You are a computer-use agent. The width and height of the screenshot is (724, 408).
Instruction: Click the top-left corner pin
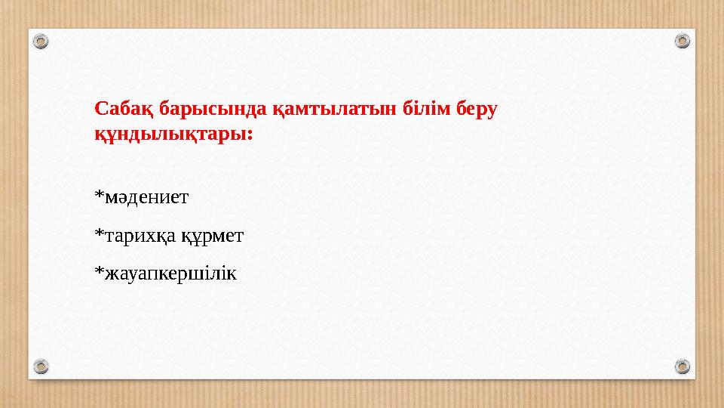[x=42, y=41]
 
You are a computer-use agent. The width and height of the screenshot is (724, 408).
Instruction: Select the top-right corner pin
[x=682, y=41]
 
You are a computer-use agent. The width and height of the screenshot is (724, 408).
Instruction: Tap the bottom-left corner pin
[x=42, y=366]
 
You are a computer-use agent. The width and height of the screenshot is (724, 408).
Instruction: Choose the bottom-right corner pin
[x=682, y=366]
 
